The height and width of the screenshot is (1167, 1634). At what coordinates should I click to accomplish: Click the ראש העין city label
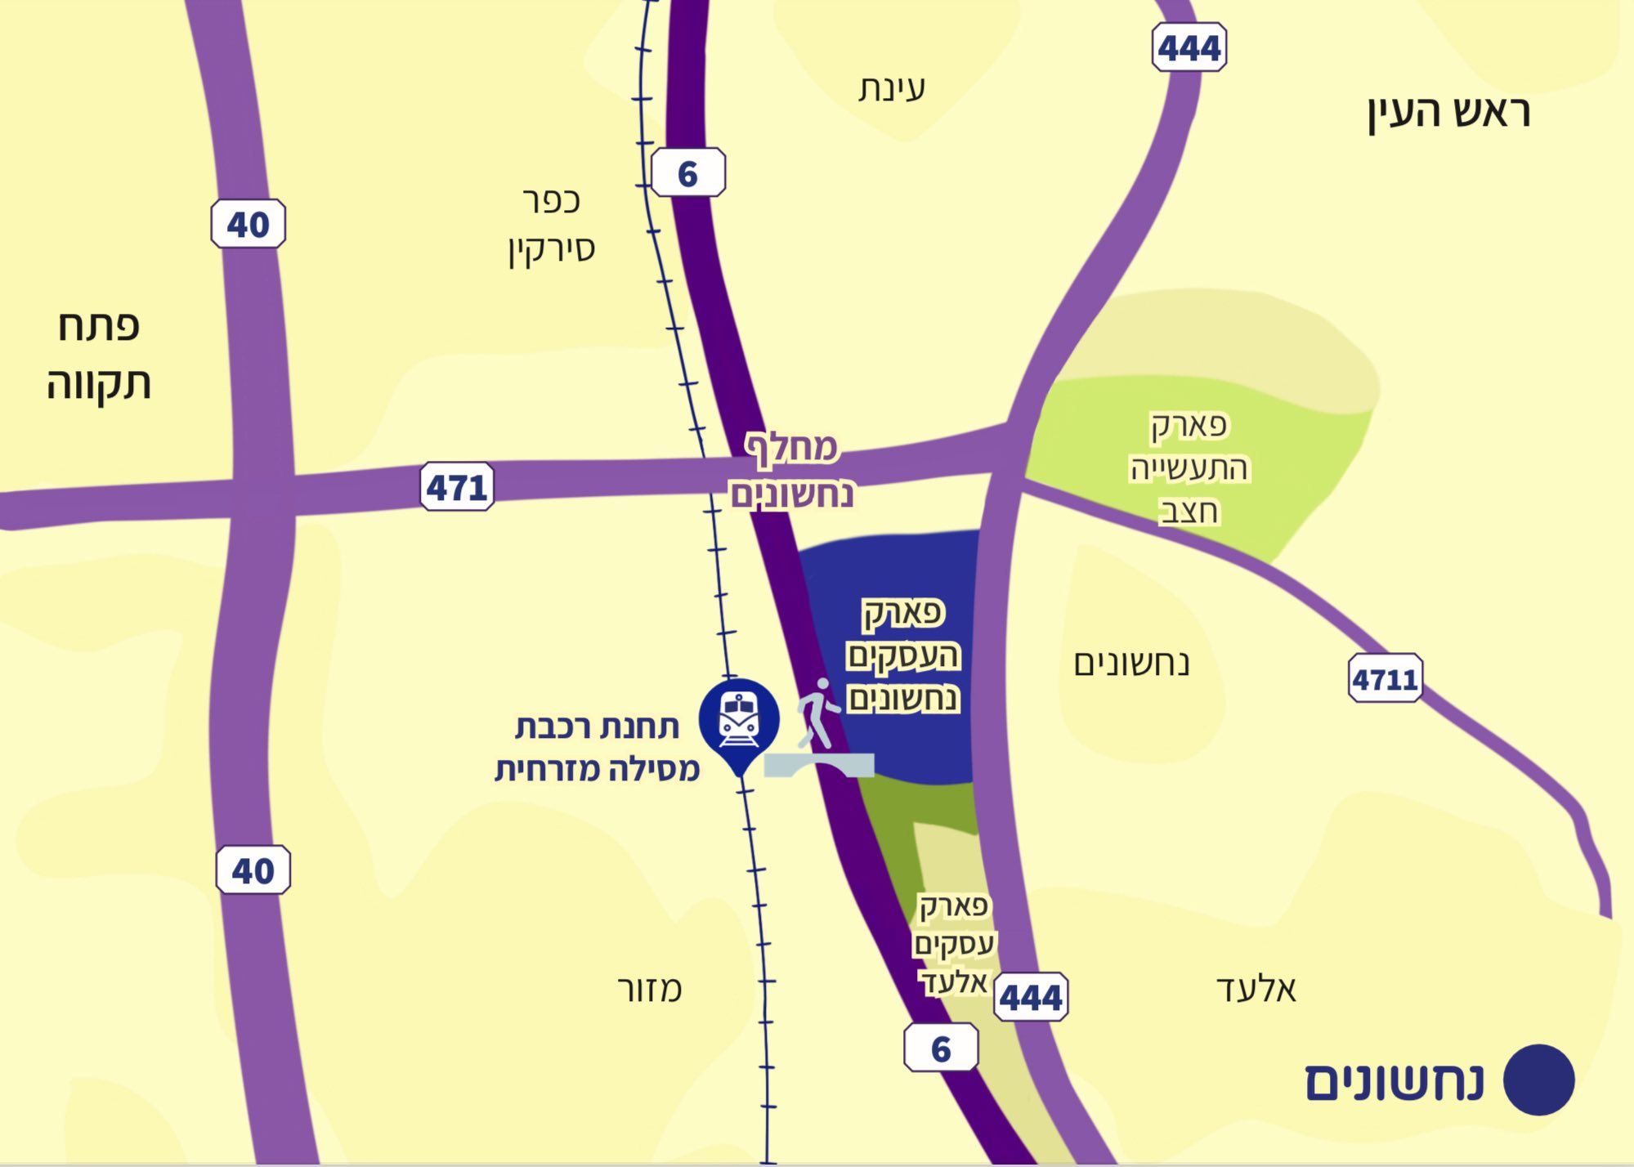pos(1448,113)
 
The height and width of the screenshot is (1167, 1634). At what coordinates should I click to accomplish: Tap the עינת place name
pos(892,88)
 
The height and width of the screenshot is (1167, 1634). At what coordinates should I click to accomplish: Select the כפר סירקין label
pos(552,225)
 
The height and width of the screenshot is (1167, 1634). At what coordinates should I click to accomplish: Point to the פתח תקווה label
pos(99,355)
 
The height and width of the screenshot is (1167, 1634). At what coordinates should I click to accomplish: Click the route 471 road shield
pos(457,487)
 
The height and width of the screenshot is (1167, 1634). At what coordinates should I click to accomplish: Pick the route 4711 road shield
pos(1385,678)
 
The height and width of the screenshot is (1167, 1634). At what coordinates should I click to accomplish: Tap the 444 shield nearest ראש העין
pos(1189,48)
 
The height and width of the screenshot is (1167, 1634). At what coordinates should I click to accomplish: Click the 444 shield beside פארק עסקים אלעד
pos(1031,997)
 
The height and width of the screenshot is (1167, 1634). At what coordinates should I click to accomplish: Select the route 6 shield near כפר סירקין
pos(688,173)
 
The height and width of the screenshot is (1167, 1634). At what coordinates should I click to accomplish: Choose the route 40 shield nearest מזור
pos(253,870)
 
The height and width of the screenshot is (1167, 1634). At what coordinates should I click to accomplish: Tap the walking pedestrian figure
pos(818,713)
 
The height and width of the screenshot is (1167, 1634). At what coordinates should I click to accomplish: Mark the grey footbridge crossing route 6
pos(819,766)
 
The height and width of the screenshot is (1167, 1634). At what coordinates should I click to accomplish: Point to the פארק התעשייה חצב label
pos(1189,468)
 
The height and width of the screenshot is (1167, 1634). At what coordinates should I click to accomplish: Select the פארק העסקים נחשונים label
pos(903,655)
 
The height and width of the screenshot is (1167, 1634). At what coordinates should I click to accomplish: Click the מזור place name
pos(650,990)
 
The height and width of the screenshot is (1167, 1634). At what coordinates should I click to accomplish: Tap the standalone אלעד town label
pos(1256,990)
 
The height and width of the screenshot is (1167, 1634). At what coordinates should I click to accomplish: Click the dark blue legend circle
pos(1538,1080)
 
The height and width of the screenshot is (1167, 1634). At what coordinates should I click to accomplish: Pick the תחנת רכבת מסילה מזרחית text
pos(598,748)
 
